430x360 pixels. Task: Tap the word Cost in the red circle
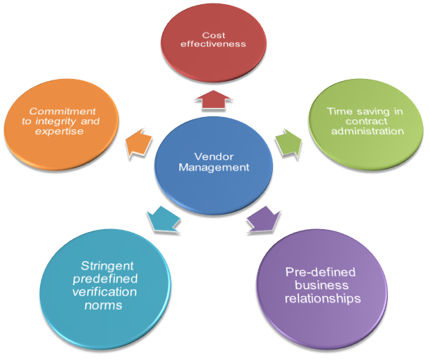pos(214,35)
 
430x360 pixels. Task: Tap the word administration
pos(366,132)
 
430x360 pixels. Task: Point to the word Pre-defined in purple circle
pos(321,273)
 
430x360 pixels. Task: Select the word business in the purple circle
pos(321,286)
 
